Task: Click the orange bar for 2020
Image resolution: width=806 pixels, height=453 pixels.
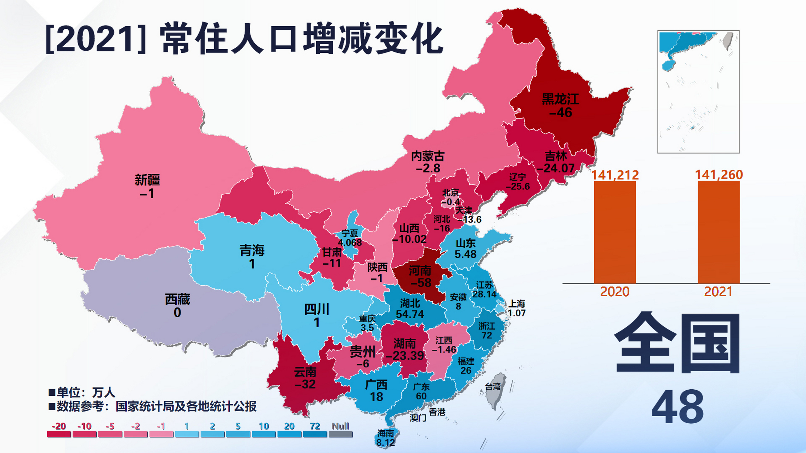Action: (615, 232)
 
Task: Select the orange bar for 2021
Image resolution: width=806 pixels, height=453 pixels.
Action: (719, 232)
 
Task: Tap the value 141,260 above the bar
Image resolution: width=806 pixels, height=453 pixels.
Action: (719, 174)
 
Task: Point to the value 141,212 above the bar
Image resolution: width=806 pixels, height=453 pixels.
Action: (615, 175)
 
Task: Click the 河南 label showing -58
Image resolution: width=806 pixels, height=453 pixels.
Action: (420, 276)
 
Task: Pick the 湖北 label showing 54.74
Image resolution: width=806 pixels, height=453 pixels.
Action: (410, 309)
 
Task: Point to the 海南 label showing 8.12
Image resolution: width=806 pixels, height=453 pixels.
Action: (385, 438)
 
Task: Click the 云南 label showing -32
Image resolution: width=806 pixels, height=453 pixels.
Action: (305, 378)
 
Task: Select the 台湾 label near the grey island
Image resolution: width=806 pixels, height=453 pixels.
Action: (493, 386)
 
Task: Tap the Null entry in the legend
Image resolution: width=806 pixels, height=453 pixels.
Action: (340, 430)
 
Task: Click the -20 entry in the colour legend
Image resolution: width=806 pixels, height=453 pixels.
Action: (59, 430)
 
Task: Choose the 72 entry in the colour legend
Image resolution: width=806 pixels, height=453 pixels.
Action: (315, 430)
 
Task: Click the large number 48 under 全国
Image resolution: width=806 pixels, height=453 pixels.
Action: (677, 407)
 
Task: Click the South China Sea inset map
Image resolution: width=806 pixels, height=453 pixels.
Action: (698, 92)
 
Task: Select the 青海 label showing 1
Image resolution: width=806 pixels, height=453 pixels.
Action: (252, 257)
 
